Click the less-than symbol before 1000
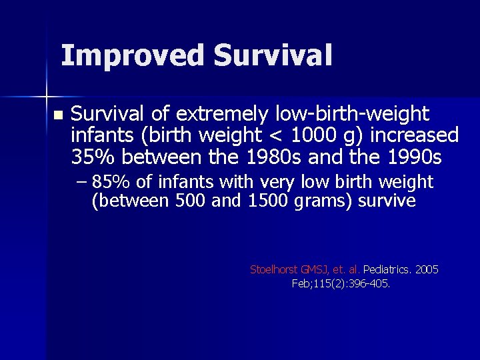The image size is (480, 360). point(275,137)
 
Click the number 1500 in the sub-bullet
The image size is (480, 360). point(268,201)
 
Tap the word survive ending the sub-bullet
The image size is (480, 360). point(388,201)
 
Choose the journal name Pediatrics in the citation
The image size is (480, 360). point(387,270)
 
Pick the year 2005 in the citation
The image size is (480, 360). point(427,270)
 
